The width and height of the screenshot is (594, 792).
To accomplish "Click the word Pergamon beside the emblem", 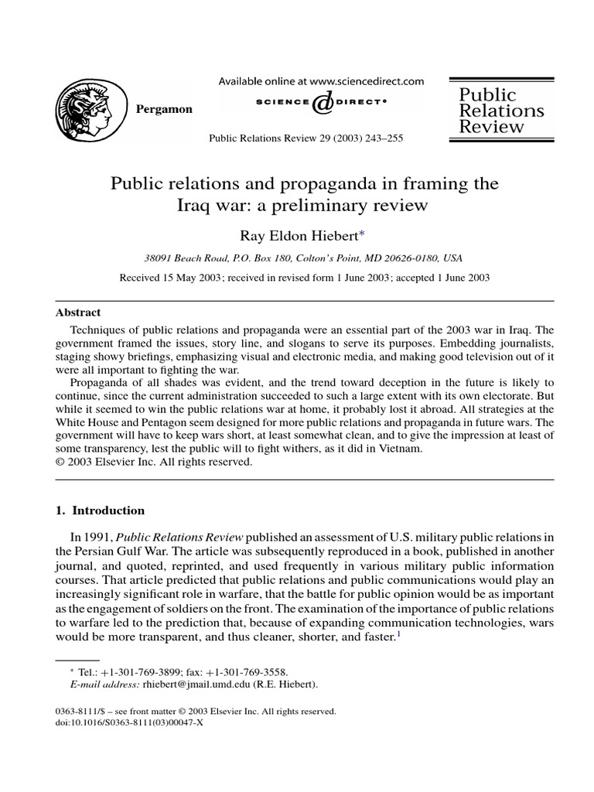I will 164,109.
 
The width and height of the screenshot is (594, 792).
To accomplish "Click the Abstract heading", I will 79,313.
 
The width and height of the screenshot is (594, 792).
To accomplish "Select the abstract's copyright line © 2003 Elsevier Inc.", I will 154,463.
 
